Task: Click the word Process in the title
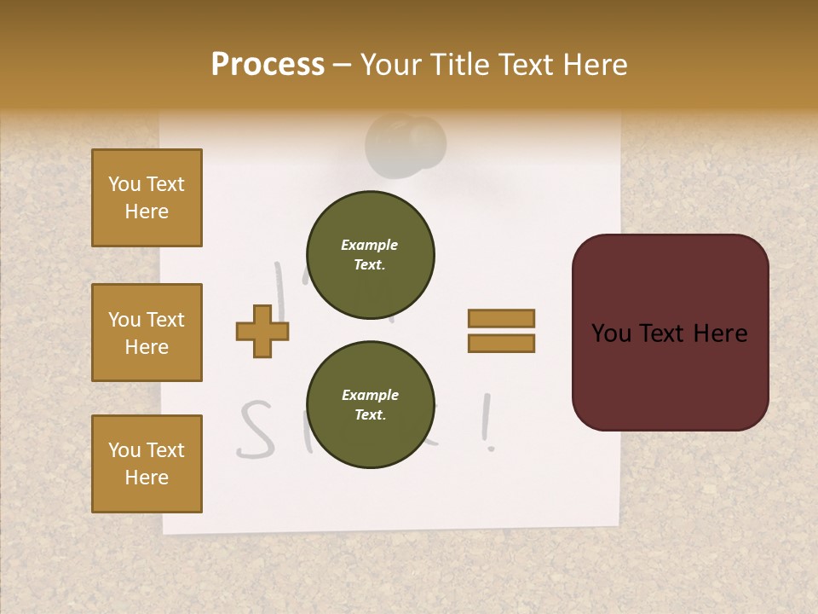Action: click(268, 65)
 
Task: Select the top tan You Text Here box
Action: click(147, 198)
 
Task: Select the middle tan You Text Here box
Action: click(147, 333)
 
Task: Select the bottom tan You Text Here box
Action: click(147, 464)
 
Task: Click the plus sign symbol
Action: click(262, 331)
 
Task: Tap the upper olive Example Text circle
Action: click(370, 254)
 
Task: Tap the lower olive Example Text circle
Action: click(370, 404)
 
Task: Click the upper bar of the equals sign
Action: click(502, 319)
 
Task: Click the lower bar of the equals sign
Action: click(502, 343)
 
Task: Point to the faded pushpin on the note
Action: click(407, 145)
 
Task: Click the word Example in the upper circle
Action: click(370, 245)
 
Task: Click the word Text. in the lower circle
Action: click(370, 414)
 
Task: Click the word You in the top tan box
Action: click(124, 184)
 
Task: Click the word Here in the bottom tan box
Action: click(147, 478)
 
